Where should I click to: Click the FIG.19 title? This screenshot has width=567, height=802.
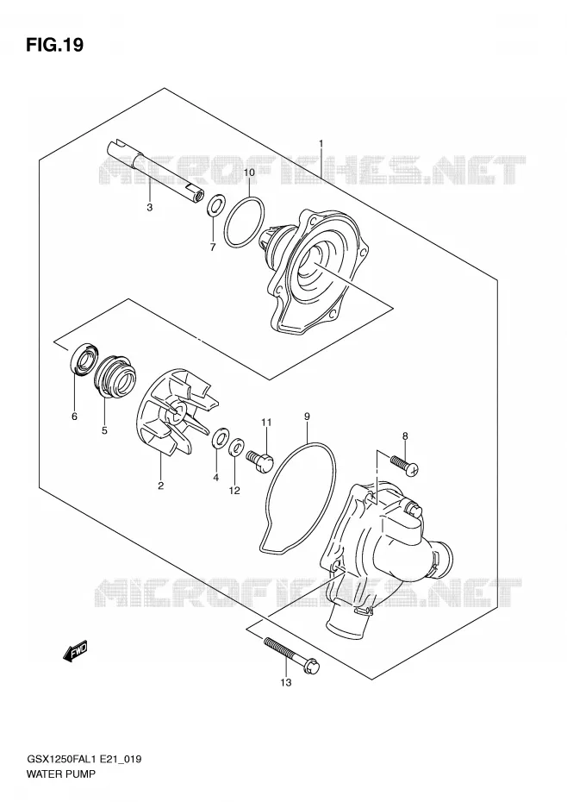(54, 46)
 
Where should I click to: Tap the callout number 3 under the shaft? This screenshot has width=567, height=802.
(150, 208)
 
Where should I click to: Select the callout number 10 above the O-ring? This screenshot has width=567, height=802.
(249, 172)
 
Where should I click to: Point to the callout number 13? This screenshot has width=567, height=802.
(286, 682)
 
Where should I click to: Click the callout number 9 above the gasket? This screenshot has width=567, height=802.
(307, 417)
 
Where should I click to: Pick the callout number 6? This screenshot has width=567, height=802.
(75, 417)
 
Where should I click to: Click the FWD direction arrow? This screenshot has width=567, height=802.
(75, 650)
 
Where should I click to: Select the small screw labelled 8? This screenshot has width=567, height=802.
(404, 463)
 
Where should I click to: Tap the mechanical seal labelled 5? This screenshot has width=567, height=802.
(116, 376)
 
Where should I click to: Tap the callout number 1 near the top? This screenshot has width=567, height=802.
(321, 143)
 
